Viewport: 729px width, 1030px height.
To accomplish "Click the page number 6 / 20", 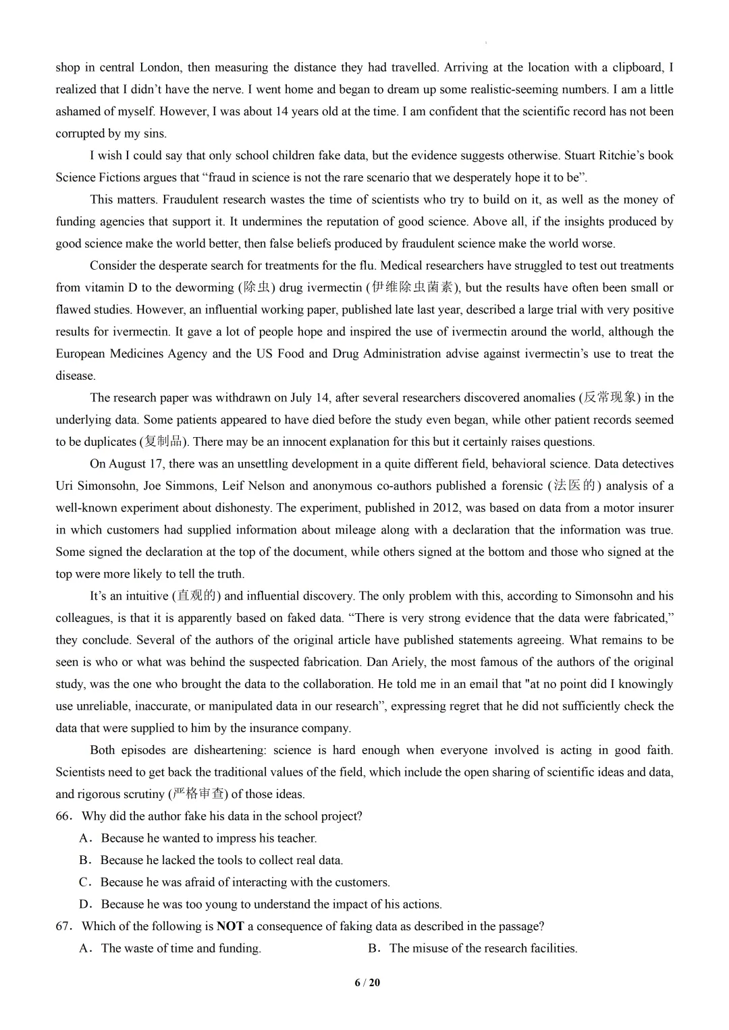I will pyautogui.click(x=367, y=983).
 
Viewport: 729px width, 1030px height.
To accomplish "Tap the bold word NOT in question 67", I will pyautogui.click(x=230, y=926).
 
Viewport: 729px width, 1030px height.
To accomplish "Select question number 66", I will pyautogui.click(x=64, y=816).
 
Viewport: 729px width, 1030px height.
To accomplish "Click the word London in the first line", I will pyautogui.click(x=160, y=67).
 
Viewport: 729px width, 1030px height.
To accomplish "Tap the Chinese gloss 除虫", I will pyautogui.click(x=256, y=287).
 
